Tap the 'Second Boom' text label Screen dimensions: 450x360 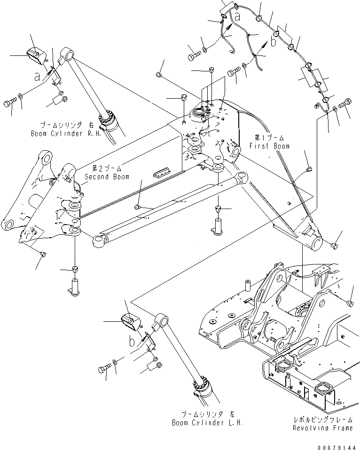coord(104,177)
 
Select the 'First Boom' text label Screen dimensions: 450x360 coord(269,146)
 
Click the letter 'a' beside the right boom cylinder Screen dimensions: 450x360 coord(37,76)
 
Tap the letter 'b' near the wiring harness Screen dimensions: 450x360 coord(274,37)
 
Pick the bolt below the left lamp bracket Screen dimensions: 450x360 coord(104,370)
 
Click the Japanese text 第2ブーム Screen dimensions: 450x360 coord(103,168)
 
